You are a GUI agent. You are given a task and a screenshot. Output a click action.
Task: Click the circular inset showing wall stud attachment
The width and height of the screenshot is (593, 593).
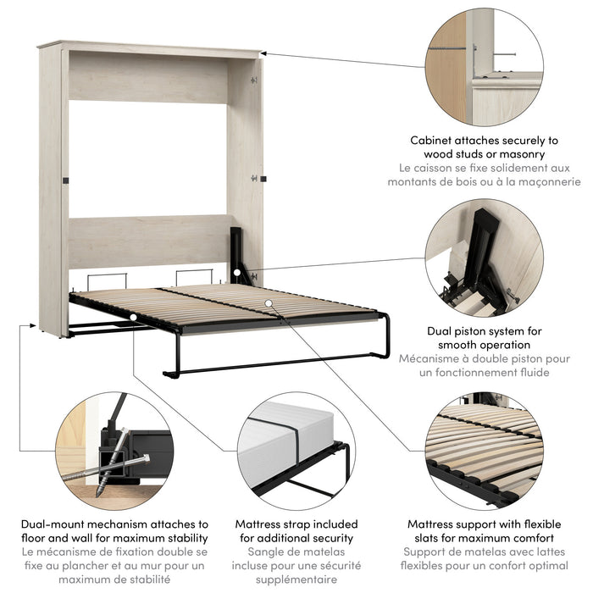tap(484, 64)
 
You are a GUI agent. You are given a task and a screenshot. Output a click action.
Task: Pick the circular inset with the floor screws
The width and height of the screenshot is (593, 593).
tap(114, 450)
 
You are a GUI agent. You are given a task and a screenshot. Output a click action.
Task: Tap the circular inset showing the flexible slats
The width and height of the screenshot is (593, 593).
tap(484, 450)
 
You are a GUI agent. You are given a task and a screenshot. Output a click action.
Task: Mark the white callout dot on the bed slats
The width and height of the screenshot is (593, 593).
tap(268, 302)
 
